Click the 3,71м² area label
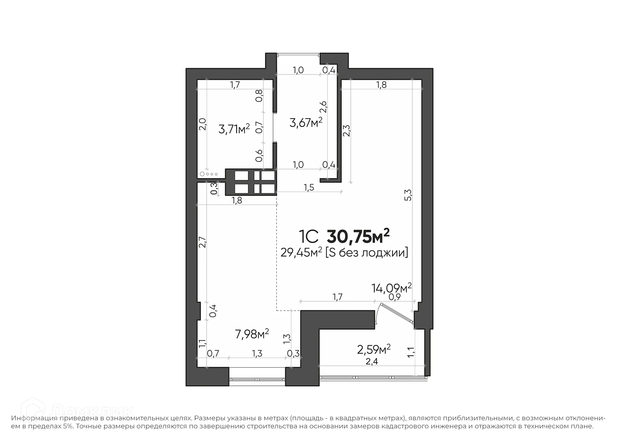pos(234,129)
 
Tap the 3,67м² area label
pos(306,123)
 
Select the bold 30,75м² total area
pos(358,236)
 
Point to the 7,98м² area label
pos(252,334)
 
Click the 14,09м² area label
pos(391,288)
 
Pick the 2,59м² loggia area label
pos(374,349)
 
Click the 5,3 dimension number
pos(408,195)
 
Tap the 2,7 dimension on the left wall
pos(202,242)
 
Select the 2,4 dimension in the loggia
pos(372,362)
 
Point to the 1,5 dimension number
pos(309,188)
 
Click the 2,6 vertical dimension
pos(323,107)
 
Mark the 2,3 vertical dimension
pos(347,131)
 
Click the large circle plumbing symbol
pos(202,174)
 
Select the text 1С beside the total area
pos(309,237)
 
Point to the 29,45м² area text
pos(301,253)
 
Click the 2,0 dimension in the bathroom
pos(202,124)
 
